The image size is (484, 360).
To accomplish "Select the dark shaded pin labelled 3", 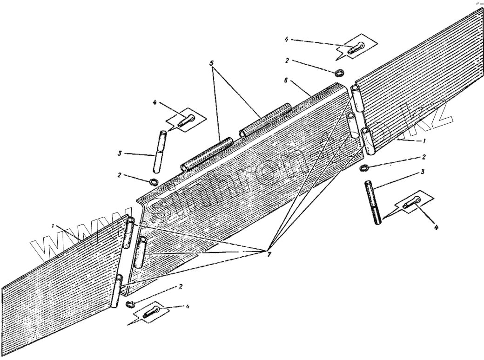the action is pyautogui.click(x=374, y=202).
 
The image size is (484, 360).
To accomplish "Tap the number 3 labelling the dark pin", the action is pyautogui.click(x=422, y=172).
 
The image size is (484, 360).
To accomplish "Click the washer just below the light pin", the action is pyautogui.click(x=154, y=181).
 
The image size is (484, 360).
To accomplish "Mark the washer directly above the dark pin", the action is pyautogui.click(x=364, y=168).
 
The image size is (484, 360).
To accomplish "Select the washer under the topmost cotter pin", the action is pyautogui.click(x=340, y=73).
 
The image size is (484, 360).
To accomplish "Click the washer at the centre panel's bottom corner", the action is pyautogui.click(x=130, y=304).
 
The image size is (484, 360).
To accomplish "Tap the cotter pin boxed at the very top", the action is pyautogui.click(x=357, y=47).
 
